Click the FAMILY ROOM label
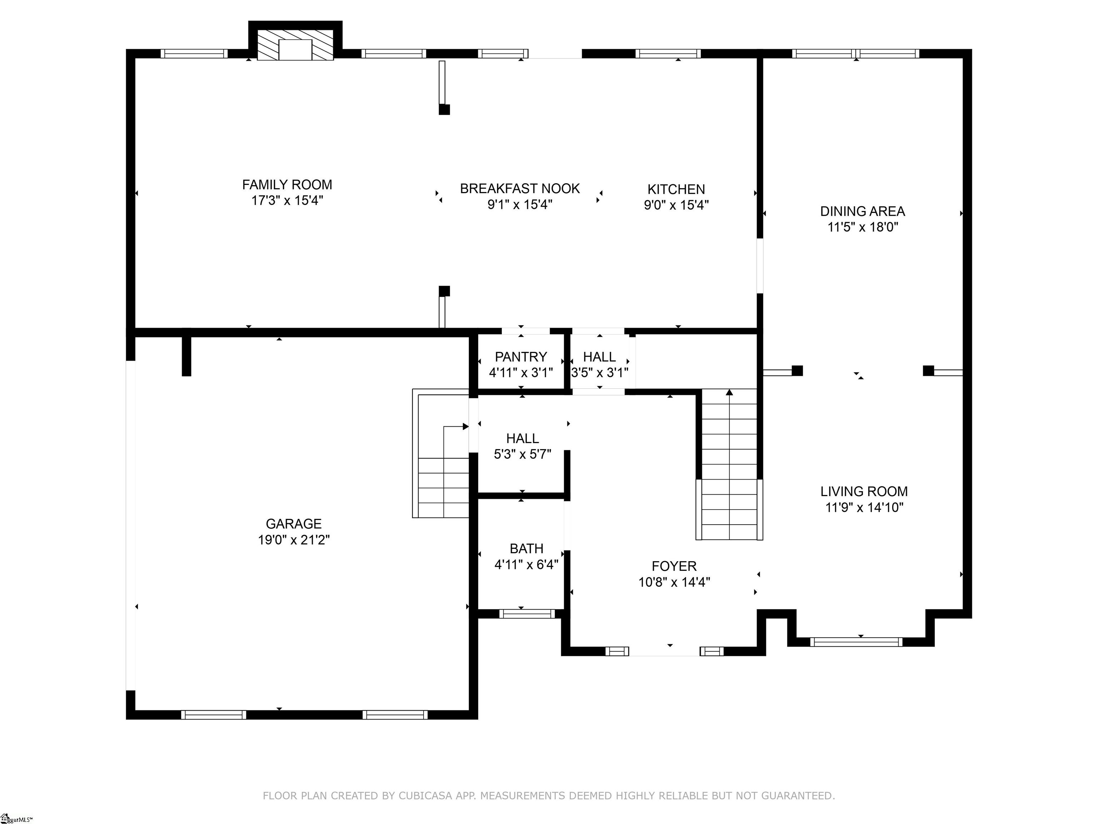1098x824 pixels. pos(287,185)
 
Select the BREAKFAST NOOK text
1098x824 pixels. pos(520,189)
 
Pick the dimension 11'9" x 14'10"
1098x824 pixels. pos(864,507)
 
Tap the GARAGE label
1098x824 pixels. pos(294,524)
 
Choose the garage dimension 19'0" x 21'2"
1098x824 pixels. pos(294,540)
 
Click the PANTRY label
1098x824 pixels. pos(521,357)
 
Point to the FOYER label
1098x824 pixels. pos(674,566)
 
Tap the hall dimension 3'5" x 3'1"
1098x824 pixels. pos(600,373)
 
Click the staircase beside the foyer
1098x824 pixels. pos(729,465)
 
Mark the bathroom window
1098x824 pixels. pos(527,614)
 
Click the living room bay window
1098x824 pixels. pos(856,642)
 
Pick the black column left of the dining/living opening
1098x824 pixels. pos(797,371)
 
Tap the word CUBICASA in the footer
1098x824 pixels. pos(425,796)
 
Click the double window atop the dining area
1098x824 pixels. pos(856,54)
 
